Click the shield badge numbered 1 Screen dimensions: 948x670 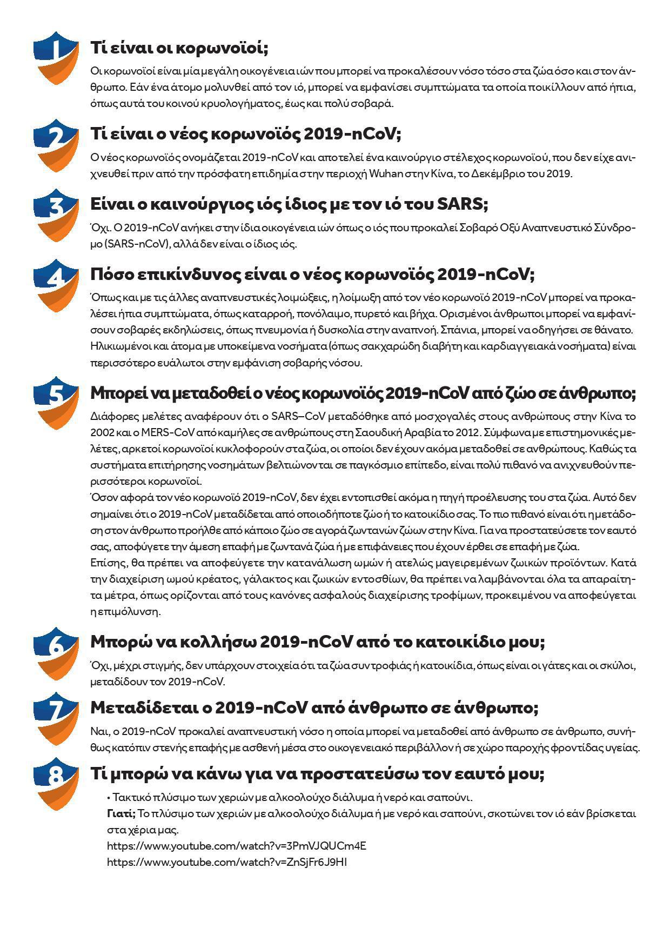tap(56, 58)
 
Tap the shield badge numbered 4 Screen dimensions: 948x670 tap(56, 285)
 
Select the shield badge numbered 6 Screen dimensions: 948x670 tap(56, 653)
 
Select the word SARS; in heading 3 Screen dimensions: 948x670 tap(462, 204)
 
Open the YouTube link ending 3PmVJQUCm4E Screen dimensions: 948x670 tap(237, 846)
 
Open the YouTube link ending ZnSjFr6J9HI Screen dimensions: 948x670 tap(227, 862)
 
